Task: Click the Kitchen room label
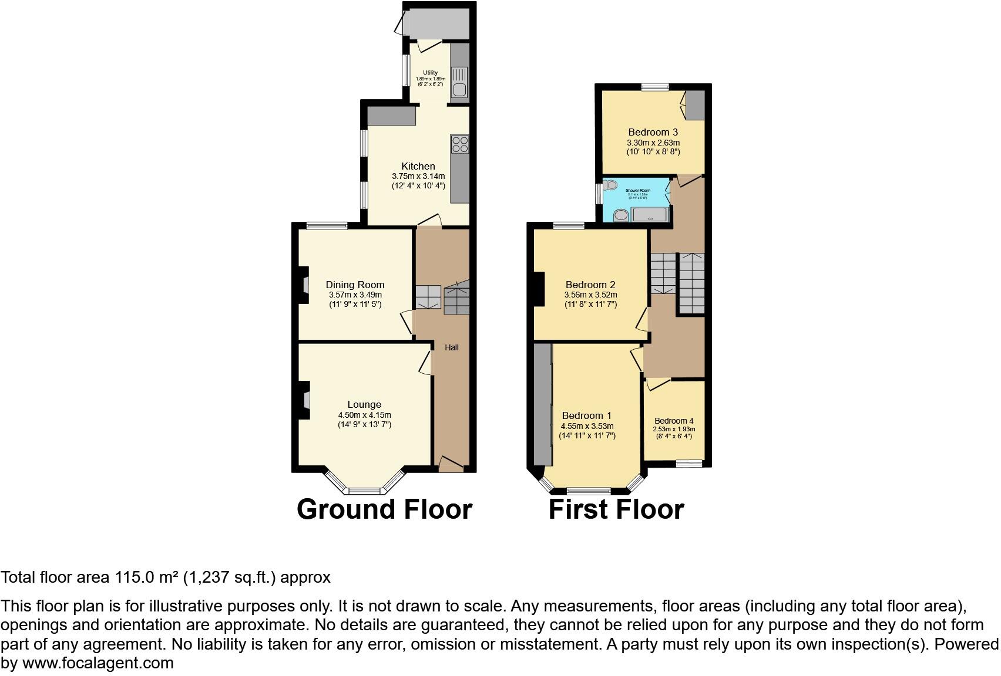tap(418, 166)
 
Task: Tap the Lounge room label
tap(364, 404)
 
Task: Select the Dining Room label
tap(355, 285)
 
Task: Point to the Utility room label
tap(430, 73)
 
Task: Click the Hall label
tap(451, 347)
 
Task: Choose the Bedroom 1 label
tap(586, 415)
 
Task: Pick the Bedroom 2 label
tap(590, 285)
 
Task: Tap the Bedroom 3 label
tap(653, 132)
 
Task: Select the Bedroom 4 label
tap(674, 421)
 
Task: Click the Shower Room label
tap(637, 191)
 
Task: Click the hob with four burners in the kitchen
tap(460, 144)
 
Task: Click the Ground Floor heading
tap(384, 509)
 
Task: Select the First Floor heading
tap(616, 509)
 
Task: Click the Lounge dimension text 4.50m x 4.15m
tap(364, 415)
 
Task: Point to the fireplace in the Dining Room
tap(304, 285)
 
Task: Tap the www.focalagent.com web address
tap(98, 663)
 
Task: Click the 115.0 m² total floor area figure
tap(146, 577)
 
